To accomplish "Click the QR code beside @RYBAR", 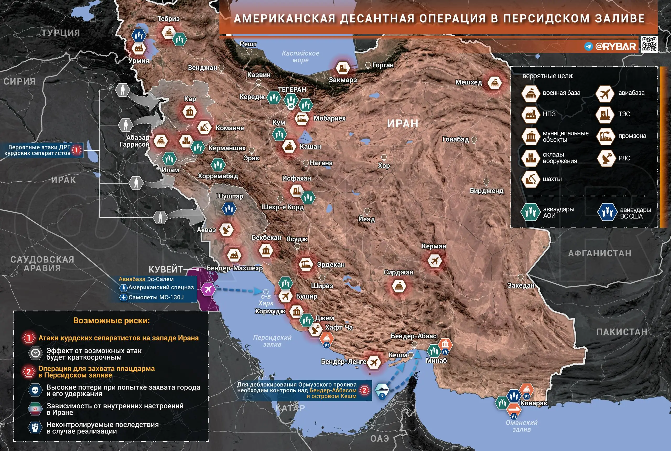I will (x=650, y=44).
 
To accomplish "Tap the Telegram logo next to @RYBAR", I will (x=588, y=46).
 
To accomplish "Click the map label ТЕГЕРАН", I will (x=292, y=89).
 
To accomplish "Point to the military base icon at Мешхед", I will (x=494, y=83).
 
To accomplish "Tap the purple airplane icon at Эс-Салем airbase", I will (x=207, y=289).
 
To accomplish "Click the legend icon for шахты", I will (x=530, y=179).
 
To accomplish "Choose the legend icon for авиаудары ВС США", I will (x=607, y=212).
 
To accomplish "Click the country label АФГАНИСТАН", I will (x=600, y=253).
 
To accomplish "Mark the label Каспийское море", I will (x=300, y=57).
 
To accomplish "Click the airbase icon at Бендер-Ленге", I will (x=373, y=362).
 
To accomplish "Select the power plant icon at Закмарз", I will (x=342, y=68).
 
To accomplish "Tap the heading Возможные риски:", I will (x=111, y=320).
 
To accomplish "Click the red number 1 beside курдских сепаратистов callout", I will (x=77, y=150).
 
